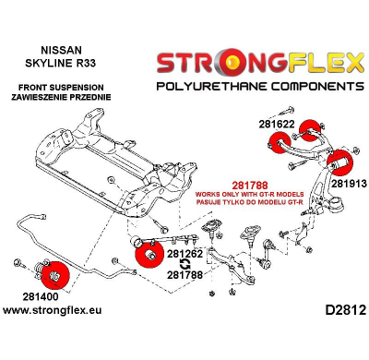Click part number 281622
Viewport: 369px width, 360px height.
click(278, 122)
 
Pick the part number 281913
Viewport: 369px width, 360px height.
click(349, 182)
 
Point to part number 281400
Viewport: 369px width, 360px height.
click(37, 297)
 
